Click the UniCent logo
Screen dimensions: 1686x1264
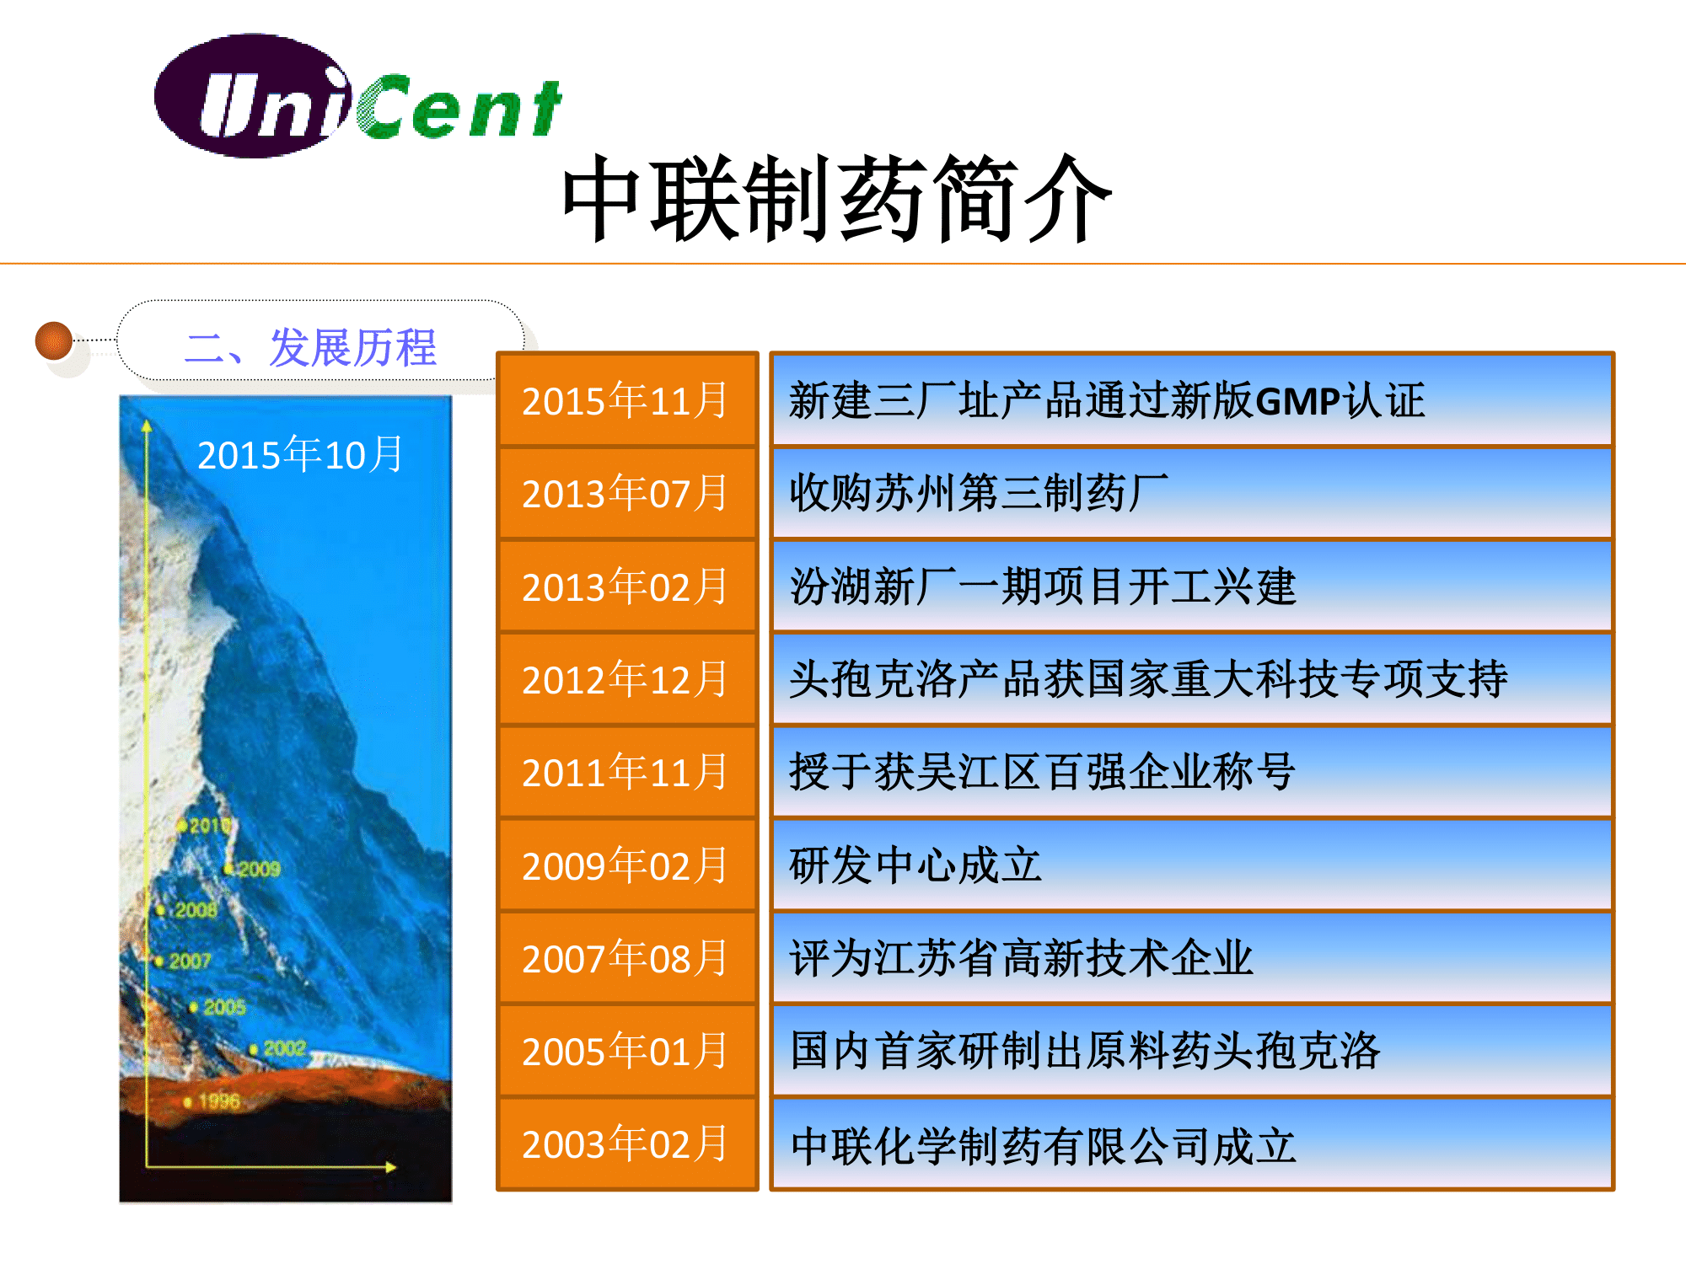(x=358, y=96)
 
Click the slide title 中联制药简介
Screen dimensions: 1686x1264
(x=837, y=200)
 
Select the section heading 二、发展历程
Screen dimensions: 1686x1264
(x=310, y=347)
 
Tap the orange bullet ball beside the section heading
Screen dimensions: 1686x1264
(x=54, y=340)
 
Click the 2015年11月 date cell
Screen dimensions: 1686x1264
(x=626, y=399)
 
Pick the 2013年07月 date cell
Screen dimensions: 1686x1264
(x=626, y=493)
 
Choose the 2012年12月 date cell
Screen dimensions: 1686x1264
(x=626, y=679)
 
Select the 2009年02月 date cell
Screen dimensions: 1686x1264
(x=626, y=865)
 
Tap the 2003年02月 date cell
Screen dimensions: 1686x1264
(x=626, y=1143)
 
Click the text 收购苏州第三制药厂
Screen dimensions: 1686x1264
(x=979, y=493)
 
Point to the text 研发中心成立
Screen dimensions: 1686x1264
(x=915, y=865)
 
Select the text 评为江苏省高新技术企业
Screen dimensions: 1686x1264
(x=1021, y=958)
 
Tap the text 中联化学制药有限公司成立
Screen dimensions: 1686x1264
(x=1043, y=1146)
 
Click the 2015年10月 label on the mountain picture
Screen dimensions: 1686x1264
(x=300, y=454)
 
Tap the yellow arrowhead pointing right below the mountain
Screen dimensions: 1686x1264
(x=390, y=1167)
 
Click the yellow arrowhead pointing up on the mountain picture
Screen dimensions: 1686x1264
(x=147, y=426)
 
